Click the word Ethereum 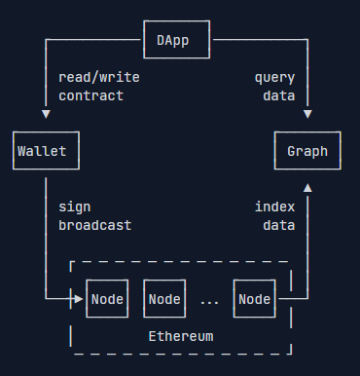pos(181,336)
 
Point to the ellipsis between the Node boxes pos(209,303)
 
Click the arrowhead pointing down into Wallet pos(46,114)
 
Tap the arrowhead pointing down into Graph pos(307,114)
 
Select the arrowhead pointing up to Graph pos(307,188)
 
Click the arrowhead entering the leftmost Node pos(79,299)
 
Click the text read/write pos(99,78)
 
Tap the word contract pos(91,96)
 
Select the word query pos(274,78)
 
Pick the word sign pos(75,207)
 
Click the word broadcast pos(95,225)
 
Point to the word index pos(274,207)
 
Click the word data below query pos(279,96)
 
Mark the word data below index pos(279,225)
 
